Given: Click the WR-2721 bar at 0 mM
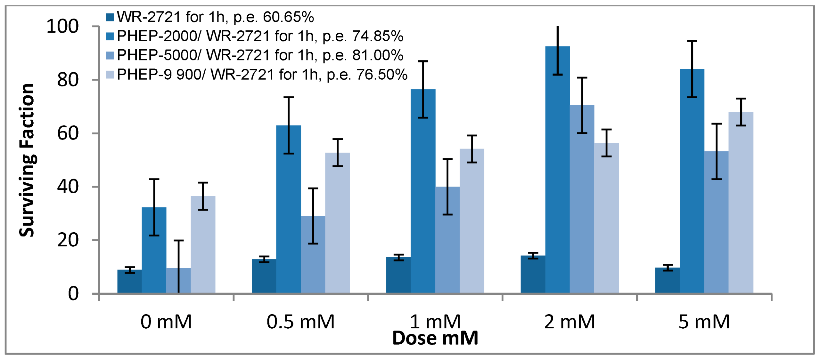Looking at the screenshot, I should click(x=129, y=281).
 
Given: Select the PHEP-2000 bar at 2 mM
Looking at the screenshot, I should click(x=557, y=170).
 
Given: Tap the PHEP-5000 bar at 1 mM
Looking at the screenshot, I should click(x=447, y=240).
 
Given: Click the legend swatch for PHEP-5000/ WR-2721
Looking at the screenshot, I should click(x=110, y=55).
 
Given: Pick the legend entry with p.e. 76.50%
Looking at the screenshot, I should click(x=262, y=75).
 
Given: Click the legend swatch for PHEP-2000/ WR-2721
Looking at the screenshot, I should click(x=110, y=36).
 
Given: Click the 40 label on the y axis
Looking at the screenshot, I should click(x=68, y=187).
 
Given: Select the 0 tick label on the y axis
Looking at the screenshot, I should click(x=73, y=294).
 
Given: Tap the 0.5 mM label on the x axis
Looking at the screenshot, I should click(x=300, y=322).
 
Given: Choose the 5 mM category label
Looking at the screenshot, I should click(x=704, y=322).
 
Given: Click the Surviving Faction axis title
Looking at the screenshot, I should click(x=27, y=160).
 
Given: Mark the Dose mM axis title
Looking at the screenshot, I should click(x=435, y=338).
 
